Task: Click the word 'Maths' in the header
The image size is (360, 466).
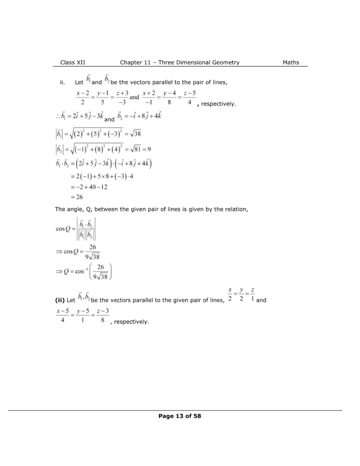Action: tap(290, 62)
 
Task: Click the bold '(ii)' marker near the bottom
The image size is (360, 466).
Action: tap(60, 300)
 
